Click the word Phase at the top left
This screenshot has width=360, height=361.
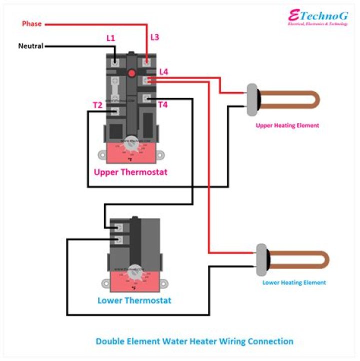pyautogui.click(x=31, y=23)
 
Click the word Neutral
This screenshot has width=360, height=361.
pyautogui.click(x=30, y=46)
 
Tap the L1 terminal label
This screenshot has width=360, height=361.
pyautogui.click(x=110, y=38)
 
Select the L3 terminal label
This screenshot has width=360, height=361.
pyautogui.click(x=154, y=37)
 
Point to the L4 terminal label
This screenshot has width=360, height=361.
pyautogui.click(x=163, y=72)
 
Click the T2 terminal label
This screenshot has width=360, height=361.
pyautogui.click(x=97, y=105)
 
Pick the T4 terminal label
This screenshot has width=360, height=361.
pyautogui.click(x=163, y=105)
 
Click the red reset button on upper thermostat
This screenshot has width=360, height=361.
pyautogui.click(x=132, y=73)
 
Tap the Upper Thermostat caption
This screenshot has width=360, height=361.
pyautogui.click(x=130, y=172)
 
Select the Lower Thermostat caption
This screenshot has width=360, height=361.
pyautogui.click(x=134, y=300)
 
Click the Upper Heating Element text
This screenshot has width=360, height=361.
pyautogui.click(x=287, y=125)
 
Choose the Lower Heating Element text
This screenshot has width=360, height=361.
pyautogui.click(x=294, y=282)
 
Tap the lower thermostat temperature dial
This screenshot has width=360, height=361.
pyautogui.click(x=133, y=272)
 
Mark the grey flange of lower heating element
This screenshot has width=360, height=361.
pyautogui.click(x=261, y=259)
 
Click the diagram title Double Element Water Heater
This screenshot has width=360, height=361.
pyautogui.click(x=194, y=341)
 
